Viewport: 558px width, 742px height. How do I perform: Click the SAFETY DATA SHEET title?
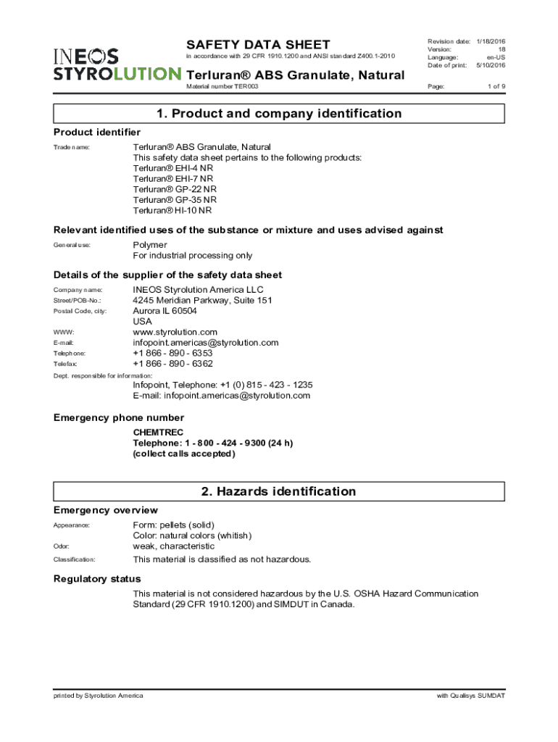[258, 45]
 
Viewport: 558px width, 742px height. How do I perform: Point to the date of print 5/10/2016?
[490, 65]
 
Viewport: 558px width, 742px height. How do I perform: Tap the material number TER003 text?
[222, 86]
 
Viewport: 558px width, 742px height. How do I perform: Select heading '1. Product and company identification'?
[279, 114]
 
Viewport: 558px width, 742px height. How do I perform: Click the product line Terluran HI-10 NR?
[172, 211]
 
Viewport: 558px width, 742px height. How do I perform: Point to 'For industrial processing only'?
[192, 256]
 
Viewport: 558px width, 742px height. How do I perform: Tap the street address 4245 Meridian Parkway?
[202, 301]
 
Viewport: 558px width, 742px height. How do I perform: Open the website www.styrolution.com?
[175, 332]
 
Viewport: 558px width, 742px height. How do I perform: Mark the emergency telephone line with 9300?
[212, 443]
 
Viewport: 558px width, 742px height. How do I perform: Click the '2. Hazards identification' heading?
[279, 491]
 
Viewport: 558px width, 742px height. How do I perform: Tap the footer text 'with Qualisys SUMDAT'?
[470, 696]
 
